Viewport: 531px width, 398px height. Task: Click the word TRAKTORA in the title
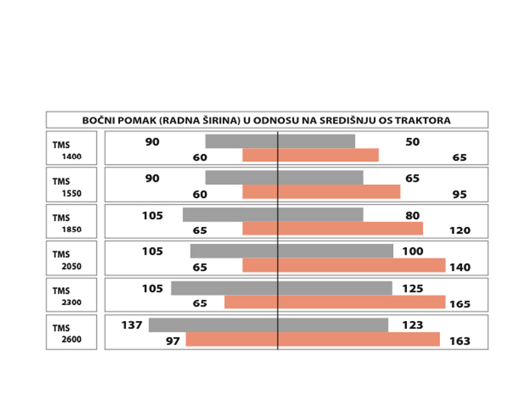point(425,120)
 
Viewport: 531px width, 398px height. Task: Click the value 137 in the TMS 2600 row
point(131,325)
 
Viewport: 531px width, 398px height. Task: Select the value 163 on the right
point(459,341)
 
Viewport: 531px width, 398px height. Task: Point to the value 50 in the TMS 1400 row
point(412,142)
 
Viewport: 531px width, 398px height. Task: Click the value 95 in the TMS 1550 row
point(459,194)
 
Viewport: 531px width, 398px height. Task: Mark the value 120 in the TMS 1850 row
point(459,231)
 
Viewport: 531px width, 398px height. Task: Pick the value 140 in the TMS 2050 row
point(459,267)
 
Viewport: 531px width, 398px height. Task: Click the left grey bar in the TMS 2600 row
point(212,325)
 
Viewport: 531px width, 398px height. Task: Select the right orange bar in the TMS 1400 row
point(328,155)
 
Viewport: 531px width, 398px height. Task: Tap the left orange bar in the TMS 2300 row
point(250,302)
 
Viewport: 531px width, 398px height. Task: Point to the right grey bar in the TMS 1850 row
point(321,215)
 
